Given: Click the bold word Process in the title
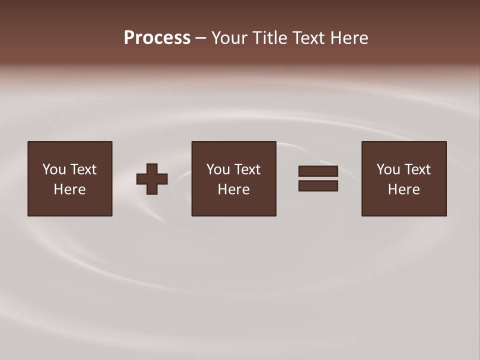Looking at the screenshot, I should pyautogui.click(x=157, y=38).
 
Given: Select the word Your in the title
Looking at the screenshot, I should pyautogui.click(x=230, y=38).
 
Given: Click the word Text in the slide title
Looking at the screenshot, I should pyautogui.click(x=310, y=38).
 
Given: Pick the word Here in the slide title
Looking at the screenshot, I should pyautogui.click(x=350, y=38).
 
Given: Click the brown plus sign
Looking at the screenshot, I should pyautogui.click(x=152, y=179).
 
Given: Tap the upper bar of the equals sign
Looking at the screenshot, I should pyautogui.click(x=318, y=171).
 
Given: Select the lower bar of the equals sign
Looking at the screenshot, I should pyautogui.click(x=318, y=185).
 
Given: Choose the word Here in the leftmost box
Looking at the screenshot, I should pyautogui.click(x=69, y=189).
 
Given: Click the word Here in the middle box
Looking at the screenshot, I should pyautogui.click(x=233, y=189).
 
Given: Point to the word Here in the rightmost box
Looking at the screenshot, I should pyautogui.click(x=403, y=189).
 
